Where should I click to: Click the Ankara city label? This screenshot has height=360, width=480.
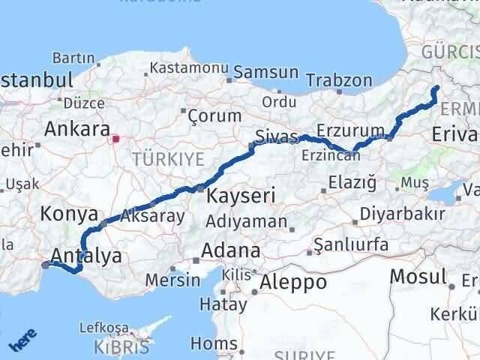pyautogui.click(x=77, y=129)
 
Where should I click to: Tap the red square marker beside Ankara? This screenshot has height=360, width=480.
pyautogui.click(x=115, y=138)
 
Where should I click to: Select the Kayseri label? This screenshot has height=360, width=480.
pyautogui.click(x=241, y=197)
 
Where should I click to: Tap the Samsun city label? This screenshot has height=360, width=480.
pyautogui.click(x=265, y=73)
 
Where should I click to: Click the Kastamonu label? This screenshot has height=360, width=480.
pyautogui.click(x=189, y=67)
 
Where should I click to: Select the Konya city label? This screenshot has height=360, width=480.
pyautogui.click(x=70, y=213)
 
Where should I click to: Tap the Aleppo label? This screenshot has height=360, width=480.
pyautogui.click(x=293, y=282)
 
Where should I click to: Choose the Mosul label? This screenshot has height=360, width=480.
pyautogui.click(x=418, y=277)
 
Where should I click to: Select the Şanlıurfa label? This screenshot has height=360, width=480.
pyautogui.click(x=351, y=245)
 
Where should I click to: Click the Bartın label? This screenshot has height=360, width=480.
pyautogui.click(x=73, y=58)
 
